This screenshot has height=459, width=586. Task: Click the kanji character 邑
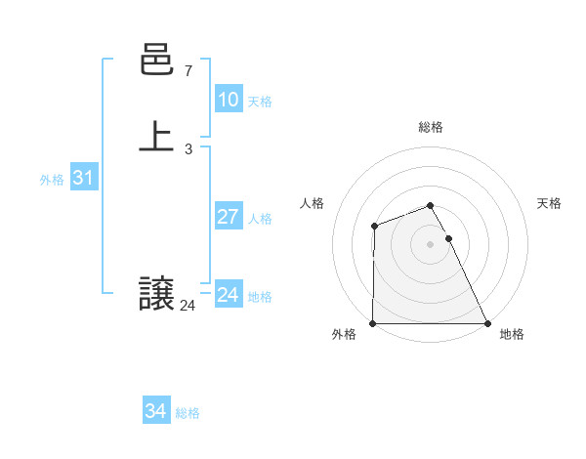pyautogui.click(x=155, y=62)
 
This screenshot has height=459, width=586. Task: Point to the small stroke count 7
pyautogui.click(x=188, y=71)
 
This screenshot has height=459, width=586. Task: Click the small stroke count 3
pyautogui.click(x=188, y=149)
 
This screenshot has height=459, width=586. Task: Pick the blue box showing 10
pyautogui.click(x=228, y=100)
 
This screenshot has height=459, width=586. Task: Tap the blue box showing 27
pyautogui.click(x=228, y=217)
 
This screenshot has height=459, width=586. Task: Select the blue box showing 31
pyautogui.click(x=83, y=179)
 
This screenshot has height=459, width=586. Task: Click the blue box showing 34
pyautogui.click(x=155, y=412)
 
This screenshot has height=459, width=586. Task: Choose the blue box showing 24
pyautogui.click(x=228, y=295)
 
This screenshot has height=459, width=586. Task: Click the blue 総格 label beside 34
pyautogui.click(x=188, y=413)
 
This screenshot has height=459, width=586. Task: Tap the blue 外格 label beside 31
pyautogui.click(x=52, y=180)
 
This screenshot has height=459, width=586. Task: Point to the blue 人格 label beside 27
pyautogui.click(x=261, y=219)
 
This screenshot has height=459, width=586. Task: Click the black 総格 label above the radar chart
pyautogui.click(x=430, y=127)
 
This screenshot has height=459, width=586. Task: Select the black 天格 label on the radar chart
pyautogui.click(x=549, y=203)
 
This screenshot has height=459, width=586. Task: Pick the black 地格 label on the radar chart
pyautogui.click(x=512, y=334)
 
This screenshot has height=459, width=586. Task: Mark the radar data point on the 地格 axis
pyautogui.click(x=487, y=323)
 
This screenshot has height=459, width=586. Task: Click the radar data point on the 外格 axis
pyautogui.click(x=373, y=323)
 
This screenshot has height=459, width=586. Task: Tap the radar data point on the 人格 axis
pyautogui.click(x=374, y=227)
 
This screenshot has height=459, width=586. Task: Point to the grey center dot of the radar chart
pyautogui.click(x=430, y=244)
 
